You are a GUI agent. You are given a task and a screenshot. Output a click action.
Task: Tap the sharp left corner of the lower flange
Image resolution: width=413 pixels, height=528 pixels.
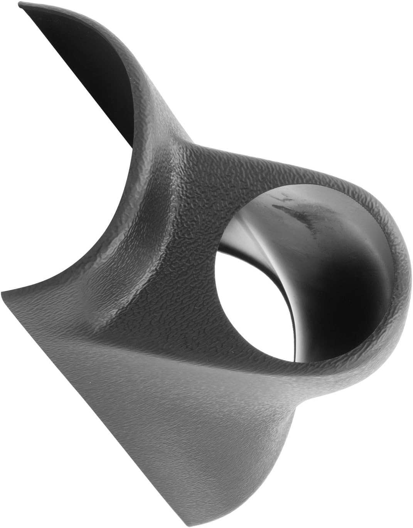point(3,292)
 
